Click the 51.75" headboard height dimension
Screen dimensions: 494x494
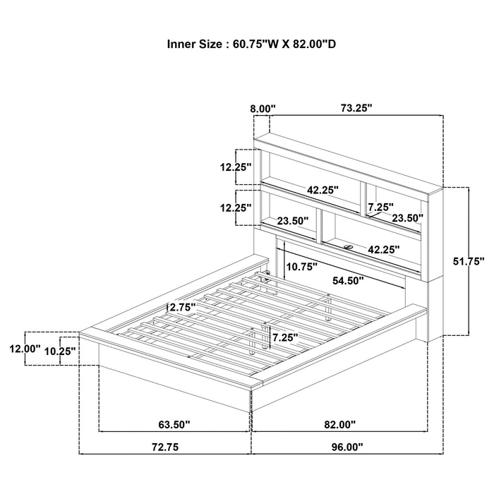coord(469,261)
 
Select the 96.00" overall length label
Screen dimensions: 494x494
coord(347,447)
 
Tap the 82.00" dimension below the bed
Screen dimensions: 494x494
coord(339,424)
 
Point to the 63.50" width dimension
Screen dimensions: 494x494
coord(174,424)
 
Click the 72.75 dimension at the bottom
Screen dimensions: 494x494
coord(165,447)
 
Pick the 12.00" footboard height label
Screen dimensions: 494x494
coord(25,349)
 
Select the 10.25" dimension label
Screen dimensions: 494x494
coord(60,351)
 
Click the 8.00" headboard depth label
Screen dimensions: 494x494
coord(263,109)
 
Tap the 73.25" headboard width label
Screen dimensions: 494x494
coord(356,109)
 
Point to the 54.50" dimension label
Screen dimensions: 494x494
coord(348,280)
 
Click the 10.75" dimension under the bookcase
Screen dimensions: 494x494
coord(301,267)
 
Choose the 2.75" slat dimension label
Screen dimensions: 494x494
coord(183,307)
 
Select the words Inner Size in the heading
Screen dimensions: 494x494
coord(194,44)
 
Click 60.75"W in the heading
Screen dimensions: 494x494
coord(255,44)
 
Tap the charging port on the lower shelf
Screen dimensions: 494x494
coord(348,247)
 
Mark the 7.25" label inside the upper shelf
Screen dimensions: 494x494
coord(381,207)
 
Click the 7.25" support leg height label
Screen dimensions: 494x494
coord(285,337)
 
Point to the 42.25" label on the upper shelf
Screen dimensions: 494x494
coord(323,190)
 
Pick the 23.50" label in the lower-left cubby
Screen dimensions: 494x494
coord(293,221)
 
